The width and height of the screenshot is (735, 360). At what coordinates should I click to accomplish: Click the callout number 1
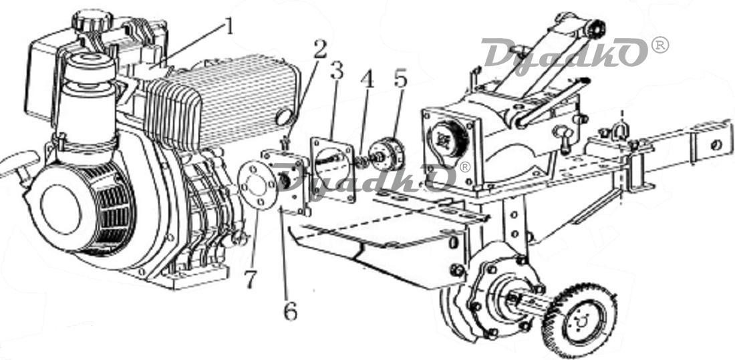pos(229,27)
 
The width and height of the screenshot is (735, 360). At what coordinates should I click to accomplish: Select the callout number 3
pos(337,70)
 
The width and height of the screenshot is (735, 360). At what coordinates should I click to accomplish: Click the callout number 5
pos(400,79)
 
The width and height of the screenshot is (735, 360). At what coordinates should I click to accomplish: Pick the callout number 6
pos(290,311)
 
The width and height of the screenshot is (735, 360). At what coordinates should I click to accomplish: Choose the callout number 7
pos(251,279)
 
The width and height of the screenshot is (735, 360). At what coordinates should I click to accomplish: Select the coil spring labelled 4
pos(362,162)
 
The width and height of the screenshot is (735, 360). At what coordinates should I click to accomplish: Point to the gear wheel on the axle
pos(579,321)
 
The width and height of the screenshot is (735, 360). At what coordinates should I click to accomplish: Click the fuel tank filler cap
pos(92,19)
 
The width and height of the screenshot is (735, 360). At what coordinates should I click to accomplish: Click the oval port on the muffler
pos(284,117)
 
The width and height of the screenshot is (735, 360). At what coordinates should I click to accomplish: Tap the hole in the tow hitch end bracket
pos(716,145)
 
